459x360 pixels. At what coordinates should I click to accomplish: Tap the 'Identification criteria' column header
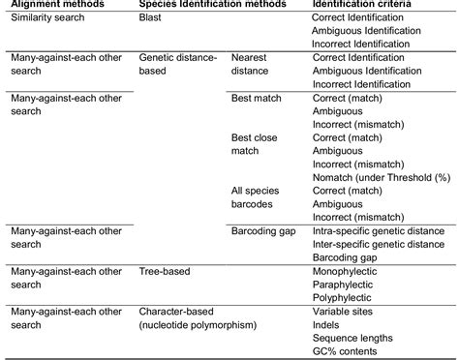point(364,5)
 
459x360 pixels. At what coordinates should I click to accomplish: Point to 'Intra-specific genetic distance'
point(379,232)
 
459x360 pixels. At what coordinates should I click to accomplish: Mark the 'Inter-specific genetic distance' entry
point(379,246)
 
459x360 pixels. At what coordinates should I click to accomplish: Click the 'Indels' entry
point(327,326)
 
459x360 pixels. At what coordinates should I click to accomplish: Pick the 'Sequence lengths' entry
point(352,339)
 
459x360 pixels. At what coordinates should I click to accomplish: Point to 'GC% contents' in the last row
point(345,352)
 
